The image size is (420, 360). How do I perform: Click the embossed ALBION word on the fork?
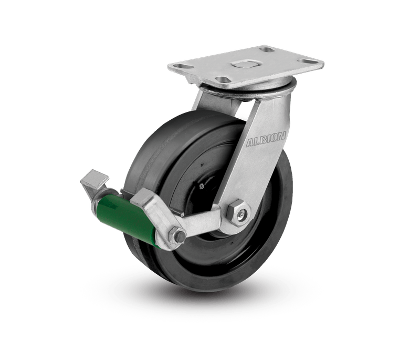click(x=266, y=139)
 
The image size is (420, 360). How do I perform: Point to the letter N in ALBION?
click(x=281, y=136)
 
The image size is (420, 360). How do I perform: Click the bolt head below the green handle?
click(x=178, y=236)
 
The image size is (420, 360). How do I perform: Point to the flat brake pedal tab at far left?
click(x=94, y=179)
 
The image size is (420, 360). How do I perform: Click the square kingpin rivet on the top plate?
click(x=245, y=64)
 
